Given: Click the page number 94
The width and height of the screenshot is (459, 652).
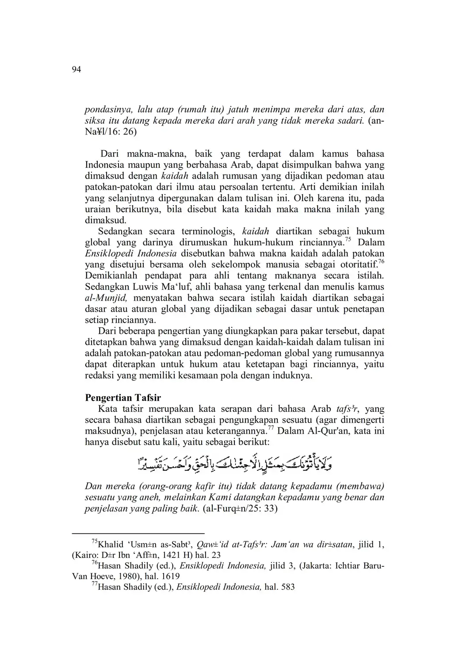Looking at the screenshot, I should (x=76, y=70).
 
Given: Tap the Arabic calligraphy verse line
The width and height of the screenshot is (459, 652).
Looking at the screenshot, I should (x=234, y=464).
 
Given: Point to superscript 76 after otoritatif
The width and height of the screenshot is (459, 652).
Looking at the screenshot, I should (x=381, y=262).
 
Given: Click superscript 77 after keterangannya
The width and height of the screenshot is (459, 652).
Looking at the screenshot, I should (x=271, y=427).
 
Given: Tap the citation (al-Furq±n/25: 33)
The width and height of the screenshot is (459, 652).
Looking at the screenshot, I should (x=240, y=509).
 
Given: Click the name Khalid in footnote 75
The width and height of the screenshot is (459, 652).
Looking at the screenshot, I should (x=111, y=544).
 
